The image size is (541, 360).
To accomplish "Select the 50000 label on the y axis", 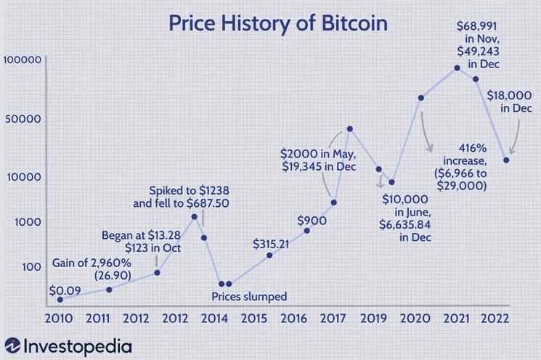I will pos(24,119).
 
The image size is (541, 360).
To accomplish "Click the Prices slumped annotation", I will pos(249,295).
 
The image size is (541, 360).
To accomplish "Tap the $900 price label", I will pos(312,220).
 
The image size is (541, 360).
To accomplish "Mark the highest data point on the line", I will pos(457,68).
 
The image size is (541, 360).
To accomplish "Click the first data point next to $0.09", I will pos(60,299).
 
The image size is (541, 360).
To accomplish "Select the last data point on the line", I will pos(506,160).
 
